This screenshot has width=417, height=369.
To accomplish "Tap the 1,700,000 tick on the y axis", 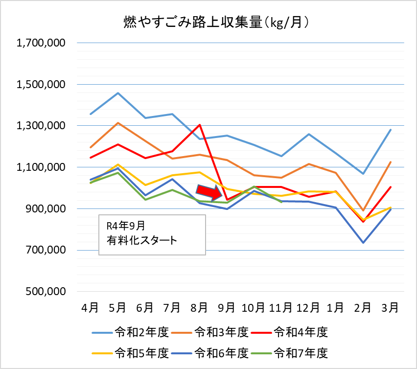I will tap(41, 43).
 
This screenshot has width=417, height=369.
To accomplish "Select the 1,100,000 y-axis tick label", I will tap(41, 167).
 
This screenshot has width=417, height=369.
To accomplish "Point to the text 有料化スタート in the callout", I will tap(141, 240).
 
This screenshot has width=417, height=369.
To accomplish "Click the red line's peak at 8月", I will tap(200, 124).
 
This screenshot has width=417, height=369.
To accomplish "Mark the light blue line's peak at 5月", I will tap(118, 93).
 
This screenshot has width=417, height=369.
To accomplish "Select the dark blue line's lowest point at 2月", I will tap(363, 243).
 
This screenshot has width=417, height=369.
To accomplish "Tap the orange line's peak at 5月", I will tap(118, 123).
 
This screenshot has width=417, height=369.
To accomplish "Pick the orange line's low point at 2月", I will tap(363, 210).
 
